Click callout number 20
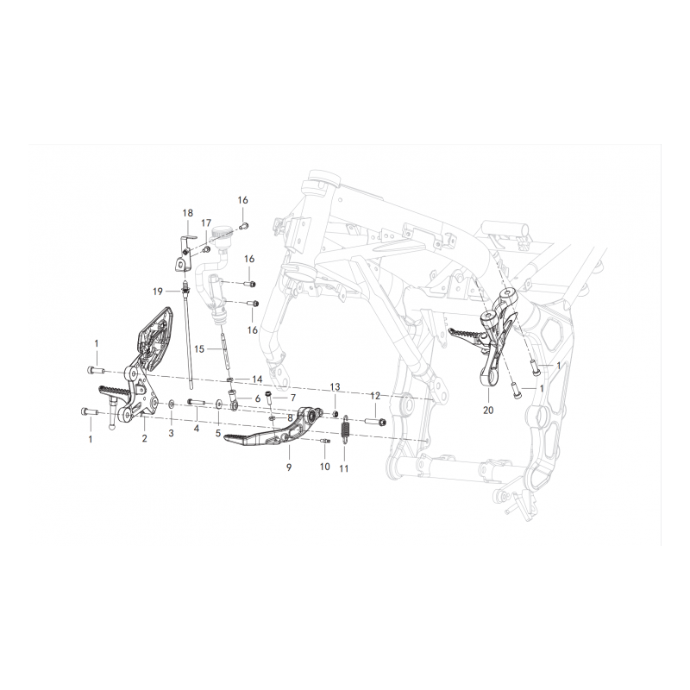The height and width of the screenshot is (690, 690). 488,411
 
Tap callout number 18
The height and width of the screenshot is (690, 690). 187,213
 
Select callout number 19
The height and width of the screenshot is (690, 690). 158,292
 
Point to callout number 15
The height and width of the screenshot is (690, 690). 199,349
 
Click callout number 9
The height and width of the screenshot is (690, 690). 289,467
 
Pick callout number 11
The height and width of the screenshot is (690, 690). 343,468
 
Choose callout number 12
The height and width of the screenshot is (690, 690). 375,396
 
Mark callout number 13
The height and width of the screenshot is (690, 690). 335,387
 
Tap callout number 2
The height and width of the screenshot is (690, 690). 144,438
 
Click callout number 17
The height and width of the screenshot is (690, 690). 206,223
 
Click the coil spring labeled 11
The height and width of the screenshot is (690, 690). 346,427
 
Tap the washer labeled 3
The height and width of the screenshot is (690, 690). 171,403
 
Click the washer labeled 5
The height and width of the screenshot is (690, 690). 219,403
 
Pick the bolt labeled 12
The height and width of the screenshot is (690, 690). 375,422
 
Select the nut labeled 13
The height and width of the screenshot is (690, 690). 335,413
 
